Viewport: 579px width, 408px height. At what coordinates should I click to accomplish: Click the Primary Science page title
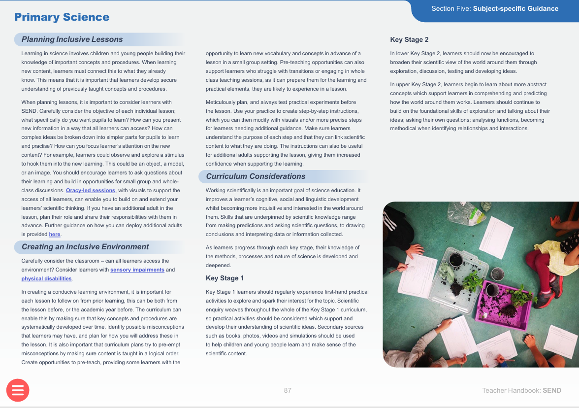[62, 17]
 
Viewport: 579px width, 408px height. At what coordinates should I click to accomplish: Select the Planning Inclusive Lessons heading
[72, 39]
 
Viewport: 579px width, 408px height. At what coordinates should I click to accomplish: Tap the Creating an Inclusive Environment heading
[85, 247]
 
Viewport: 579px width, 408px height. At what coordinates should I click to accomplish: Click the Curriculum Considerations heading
[256, 176]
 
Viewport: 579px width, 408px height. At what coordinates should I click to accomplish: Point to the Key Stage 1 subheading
[225, 278]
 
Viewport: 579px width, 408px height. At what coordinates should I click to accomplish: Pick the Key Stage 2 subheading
[409, 40]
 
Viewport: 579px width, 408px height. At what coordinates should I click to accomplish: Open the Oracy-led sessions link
[91, 191]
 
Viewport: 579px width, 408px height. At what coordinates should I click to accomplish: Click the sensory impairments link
[137, 270]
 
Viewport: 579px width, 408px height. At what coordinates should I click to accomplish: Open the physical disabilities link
[47, 279]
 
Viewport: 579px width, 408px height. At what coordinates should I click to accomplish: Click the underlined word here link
[55, 235]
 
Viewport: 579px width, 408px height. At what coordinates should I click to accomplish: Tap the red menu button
[18, 390]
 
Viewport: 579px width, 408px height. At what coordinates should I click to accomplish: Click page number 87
[288, 390]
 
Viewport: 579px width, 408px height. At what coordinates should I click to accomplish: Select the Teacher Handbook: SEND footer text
[521, 390]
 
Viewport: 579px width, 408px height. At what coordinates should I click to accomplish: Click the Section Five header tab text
[494, 9]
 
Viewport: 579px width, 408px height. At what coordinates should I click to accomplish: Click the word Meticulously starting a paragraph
[222, 102]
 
